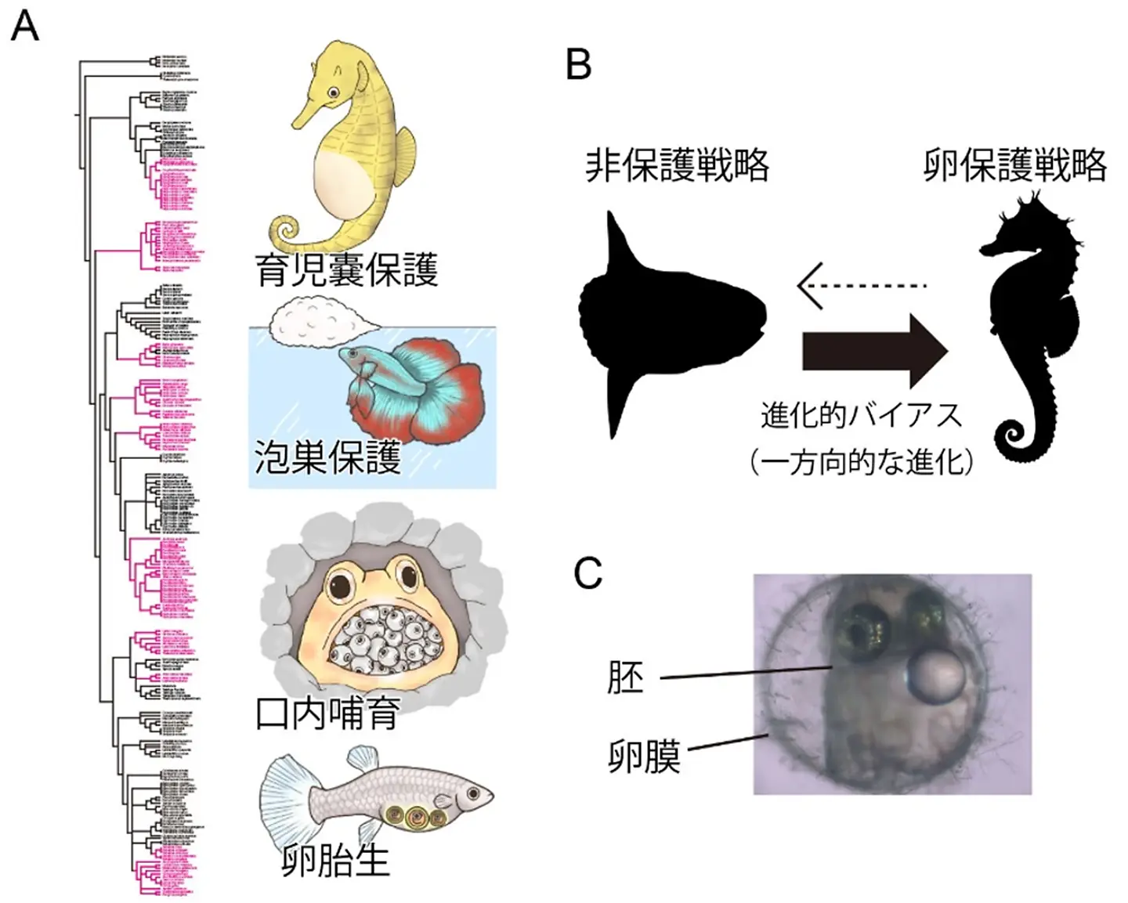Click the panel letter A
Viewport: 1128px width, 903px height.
tap(25, 27)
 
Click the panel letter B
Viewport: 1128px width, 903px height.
tap(578, 64)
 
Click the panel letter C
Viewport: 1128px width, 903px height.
tap(588, 573)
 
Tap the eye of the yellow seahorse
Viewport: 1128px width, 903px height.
tap(334, 92)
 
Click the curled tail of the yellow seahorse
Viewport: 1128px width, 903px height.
tap(287, 233)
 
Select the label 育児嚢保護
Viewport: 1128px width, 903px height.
tap(346, 269)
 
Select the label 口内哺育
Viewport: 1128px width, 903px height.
tap(327, 713)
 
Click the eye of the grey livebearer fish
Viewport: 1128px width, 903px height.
tap(473, 794)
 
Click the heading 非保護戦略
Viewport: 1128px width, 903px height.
tap(677, 166)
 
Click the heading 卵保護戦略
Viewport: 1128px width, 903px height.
tap(1014, 166)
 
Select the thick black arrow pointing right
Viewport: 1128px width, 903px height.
tap(873, 351)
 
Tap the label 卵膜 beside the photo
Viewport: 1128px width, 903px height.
tap(644, 756)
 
